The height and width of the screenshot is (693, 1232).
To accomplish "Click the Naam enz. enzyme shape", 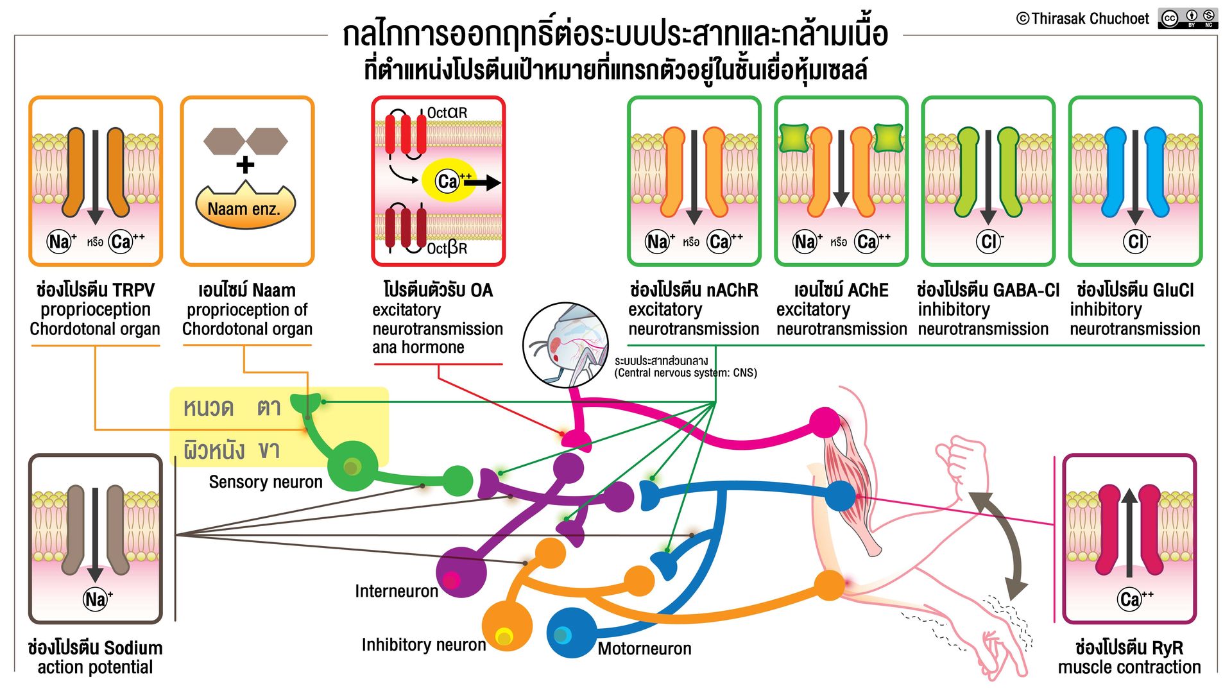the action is [244, 205].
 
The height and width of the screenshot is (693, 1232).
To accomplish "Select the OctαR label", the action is [447, 113].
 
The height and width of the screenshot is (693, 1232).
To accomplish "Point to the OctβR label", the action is [447, 248].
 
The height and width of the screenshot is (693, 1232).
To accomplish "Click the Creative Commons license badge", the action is [1188, 18].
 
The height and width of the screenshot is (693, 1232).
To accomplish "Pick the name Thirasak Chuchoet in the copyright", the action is [1090, 19].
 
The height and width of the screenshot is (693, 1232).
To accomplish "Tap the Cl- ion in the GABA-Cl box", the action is [989, 241].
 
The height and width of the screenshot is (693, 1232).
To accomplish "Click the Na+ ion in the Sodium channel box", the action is [97, 599].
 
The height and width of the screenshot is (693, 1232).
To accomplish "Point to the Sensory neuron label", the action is [266, 482].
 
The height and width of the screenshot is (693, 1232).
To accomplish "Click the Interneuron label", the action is [397, 591].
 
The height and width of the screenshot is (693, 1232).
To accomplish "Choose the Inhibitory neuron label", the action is [424, 644].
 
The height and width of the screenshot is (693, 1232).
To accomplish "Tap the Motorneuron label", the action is [644, 649].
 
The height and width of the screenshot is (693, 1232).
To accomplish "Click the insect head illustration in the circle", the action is [565, 345].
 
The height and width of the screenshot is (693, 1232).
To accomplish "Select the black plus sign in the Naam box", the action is [245, 165].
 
